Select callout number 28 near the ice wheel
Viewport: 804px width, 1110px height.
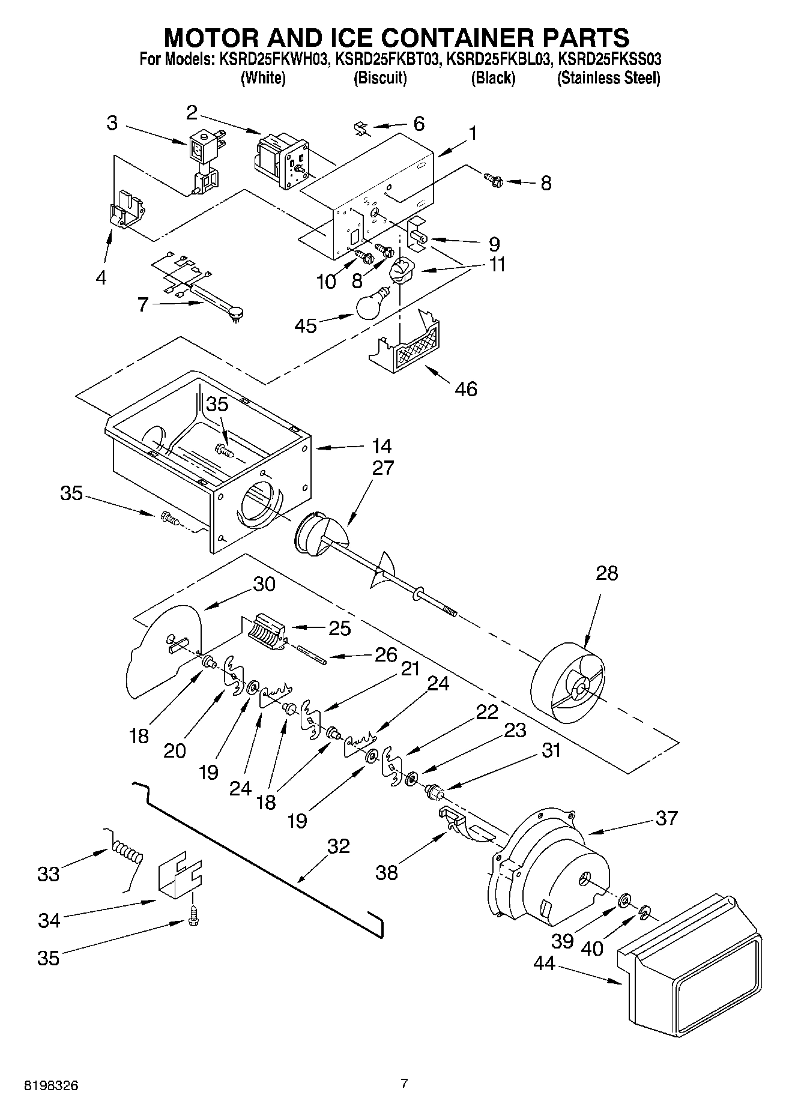(x=606, y=573)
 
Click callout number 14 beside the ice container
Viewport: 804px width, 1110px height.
(x=381, y=446)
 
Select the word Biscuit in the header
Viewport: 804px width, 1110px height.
(x=380, y=78)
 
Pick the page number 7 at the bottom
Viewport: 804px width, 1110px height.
(x=404, y=1083)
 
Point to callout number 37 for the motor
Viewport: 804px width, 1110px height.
(x=666, y=817)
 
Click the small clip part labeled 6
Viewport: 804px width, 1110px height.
(x=361, y=128)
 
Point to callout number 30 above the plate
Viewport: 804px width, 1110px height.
(x=264, y=584)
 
